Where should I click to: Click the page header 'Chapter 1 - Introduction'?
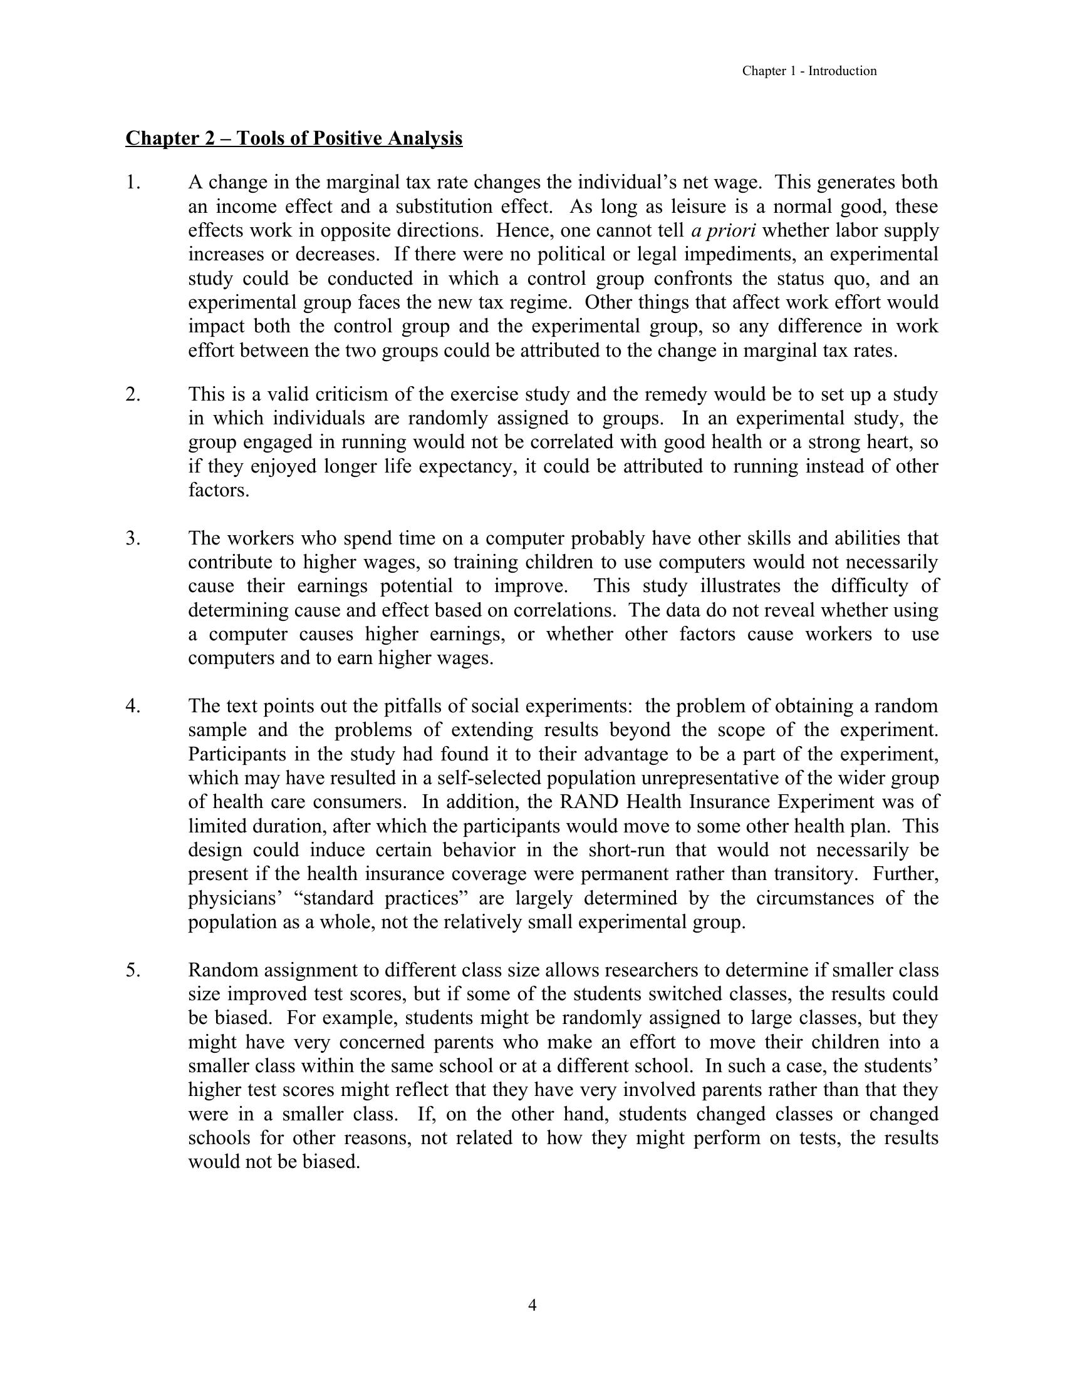(809, 71)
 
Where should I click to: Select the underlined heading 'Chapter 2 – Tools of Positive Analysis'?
(294, 138)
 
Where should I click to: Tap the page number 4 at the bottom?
(532, 1304)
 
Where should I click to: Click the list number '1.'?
(133, 183)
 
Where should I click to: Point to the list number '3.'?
(133, 538)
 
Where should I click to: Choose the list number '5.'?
(133, 970)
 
